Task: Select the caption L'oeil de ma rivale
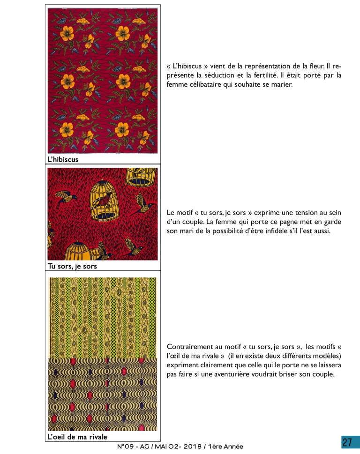[x=77, y=437]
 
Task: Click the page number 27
[x=347, y=442]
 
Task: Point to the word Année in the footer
[x=233, y=447]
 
